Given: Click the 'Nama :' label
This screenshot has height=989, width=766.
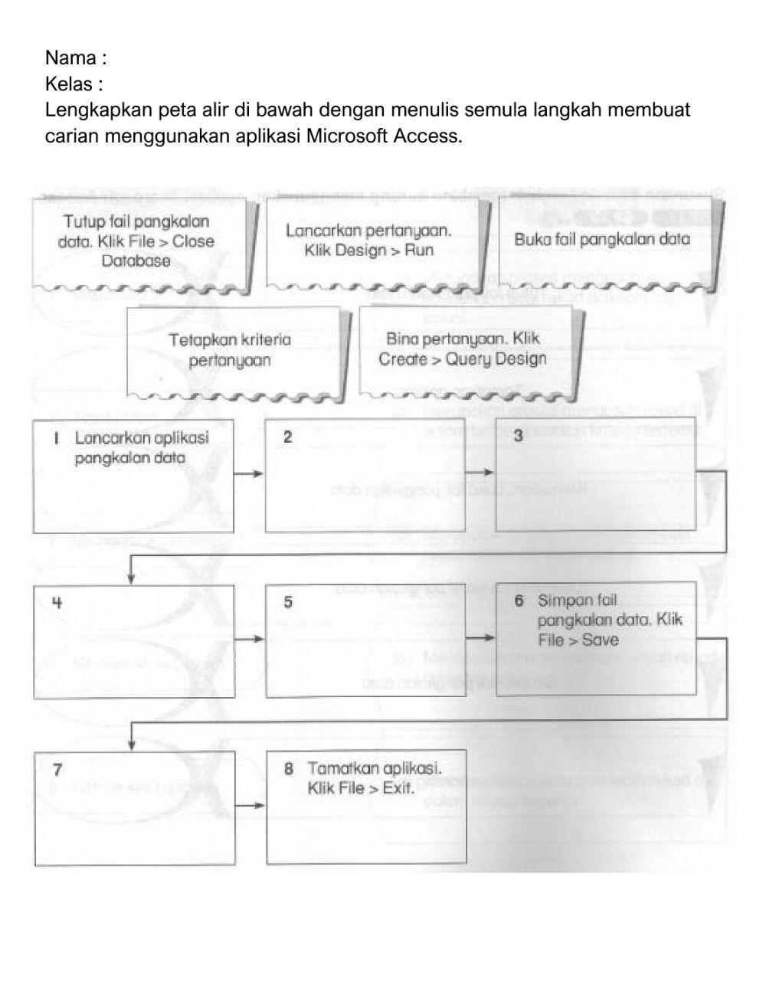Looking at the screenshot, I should coord(75,58).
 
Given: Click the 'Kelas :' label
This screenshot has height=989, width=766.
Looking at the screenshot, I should coord(74,84).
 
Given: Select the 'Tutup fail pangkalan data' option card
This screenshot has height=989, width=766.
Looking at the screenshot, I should coord(137,241).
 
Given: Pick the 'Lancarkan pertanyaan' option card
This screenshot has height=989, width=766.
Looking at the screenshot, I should coord(368,240).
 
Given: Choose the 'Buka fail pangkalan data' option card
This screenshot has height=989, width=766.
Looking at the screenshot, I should coord(602,239).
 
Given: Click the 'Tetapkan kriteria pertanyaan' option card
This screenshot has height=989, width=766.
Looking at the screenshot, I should coord(230,350).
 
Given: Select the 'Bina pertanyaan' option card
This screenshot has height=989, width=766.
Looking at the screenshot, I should coord(463,349).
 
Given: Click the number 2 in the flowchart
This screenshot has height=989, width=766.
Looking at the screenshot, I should coord(287,437).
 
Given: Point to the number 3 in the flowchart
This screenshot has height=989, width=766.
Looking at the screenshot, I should coord(519,437).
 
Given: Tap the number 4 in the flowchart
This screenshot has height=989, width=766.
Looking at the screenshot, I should coord(57,602).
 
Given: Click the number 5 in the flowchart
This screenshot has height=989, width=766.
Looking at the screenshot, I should coord(288,602).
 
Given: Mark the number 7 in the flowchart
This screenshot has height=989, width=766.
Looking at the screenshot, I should coord(57,768).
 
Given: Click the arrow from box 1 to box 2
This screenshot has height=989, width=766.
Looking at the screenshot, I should coord(249,474).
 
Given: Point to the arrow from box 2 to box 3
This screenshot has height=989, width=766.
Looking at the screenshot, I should coord(480,472).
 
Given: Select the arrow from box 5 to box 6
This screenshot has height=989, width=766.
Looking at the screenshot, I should coord(480,637).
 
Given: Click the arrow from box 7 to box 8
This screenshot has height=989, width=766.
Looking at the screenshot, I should coord(250,805).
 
